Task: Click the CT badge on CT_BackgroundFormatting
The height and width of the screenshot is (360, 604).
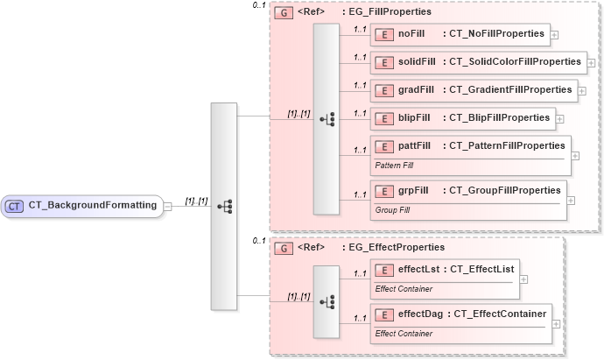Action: (x=15, y=206)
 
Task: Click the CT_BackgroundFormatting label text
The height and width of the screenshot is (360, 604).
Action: (x=92, y=206)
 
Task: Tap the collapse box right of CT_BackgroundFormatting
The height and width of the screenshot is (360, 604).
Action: (x=168, y=207)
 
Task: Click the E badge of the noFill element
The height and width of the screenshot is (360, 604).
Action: (x=383, y=35)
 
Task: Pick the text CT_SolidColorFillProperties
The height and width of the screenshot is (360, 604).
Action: (x=515, y=62)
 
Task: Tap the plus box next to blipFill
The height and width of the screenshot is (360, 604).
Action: (x=560, y=118)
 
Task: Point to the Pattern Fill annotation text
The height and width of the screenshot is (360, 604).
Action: (x=395, y=165)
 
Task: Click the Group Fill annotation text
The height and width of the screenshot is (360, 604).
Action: (x=391, y=210)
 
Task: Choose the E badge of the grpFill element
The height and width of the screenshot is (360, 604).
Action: (x=383, y=191)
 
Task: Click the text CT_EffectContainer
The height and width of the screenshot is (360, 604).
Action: (x=500, y=314)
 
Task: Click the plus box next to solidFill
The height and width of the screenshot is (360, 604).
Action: (x=592, y=64)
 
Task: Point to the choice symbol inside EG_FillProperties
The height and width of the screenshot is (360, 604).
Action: (x=327, y=118)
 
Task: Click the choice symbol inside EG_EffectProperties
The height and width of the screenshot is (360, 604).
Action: (x=327, y=300)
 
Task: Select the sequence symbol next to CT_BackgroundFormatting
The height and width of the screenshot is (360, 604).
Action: (x=224, y=206)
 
